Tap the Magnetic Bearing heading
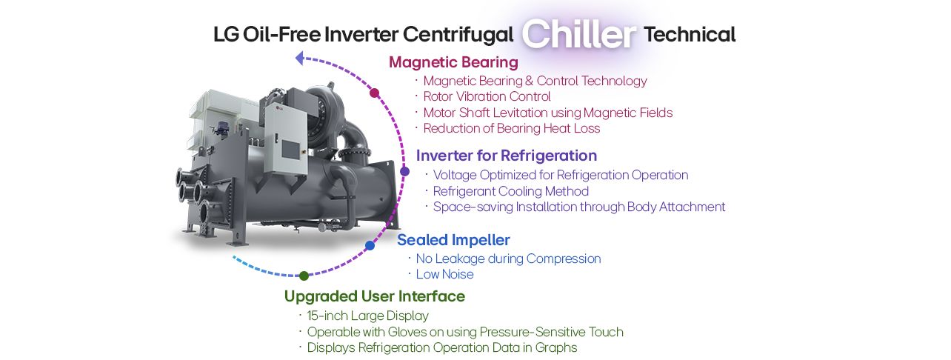[453, 61]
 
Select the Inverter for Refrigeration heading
[507, 156]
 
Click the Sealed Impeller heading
[453, 240]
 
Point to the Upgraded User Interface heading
[375, 296]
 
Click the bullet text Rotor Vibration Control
[487, 96]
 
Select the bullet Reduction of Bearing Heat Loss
[511, 128]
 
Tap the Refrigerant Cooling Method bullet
[510, 191]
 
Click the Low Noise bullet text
[444, 274]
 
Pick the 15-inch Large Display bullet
[367, 316]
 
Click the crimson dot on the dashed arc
[375, 93]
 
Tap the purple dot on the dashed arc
[404, 171]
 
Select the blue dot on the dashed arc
[370, 245]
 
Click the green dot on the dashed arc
[304, 276]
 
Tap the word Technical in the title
[690, 34]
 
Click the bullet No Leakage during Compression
[508, 259]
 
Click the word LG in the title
[225, 35]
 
